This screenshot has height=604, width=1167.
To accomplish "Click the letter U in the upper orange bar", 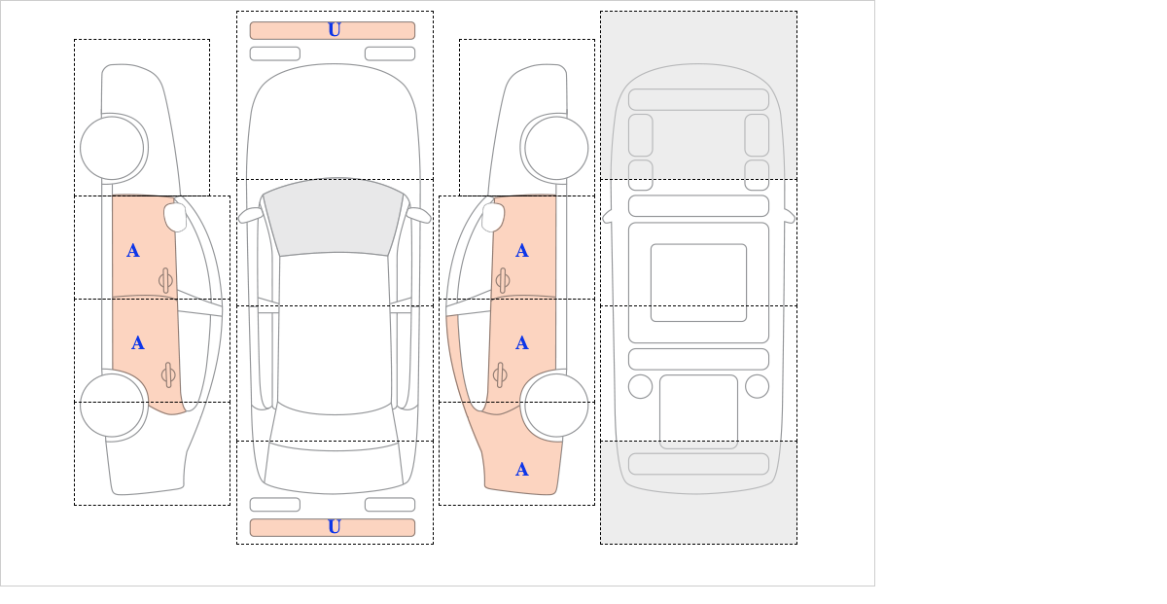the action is (x=335, y=30).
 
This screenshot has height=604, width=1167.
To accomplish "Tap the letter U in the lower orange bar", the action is (x=335, y=527).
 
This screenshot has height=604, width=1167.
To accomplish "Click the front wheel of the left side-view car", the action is (x=112, y=148).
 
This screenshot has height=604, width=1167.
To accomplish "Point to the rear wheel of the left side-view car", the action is (x=112, y=405).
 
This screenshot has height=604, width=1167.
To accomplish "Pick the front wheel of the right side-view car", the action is (x=556, y=148).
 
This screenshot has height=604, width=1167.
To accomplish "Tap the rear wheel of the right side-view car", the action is (x=556, y=405).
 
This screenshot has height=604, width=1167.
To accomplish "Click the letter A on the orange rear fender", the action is (x=522, y=470).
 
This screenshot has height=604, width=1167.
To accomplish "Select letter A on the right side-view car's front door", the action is (x=522, y=251).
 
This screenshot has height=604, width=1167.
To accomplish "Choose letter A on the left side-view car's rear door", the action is (x=137, y=343).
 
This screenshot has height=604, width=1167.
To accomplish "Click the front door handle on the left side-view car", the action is (x=165, y=280).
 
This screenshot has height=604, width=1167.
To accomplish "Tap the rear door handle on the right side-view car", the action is (x=500, y=374).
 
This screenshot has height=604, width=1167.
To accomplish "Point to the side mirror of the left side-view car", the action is (x=175, y=217).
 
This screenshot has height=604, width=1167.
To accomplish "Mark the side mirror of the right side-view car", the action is (x=493, y=217).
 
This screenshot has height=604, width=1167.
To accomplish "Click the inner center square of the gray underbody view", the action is (x=698, y=282).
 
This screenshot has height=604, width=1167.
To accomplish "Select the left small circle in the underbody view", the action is (x=640, y=387).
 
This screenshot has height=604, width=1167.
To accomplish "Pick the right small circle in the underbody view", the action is (x=757, y=387).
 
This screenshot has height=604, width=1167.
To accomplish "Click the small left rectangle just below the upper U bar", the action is (x=275, y=53).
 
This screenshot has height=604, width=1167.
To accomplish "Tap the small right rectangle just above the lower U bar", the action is (x=390, y=505).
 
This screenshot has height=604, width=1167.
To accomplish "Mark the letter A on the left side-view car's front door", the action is (x=133, y=251).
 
